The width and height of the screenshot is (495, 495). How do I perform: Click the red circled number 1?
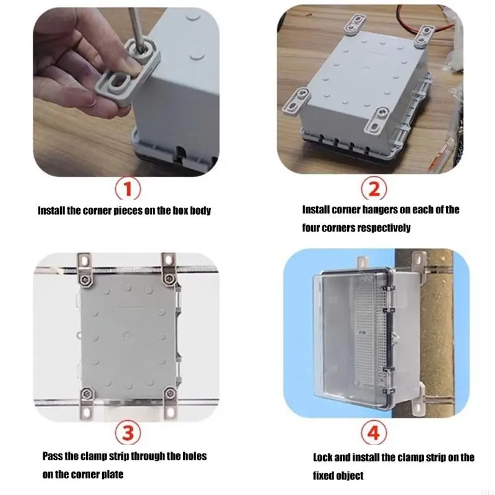click(127, 189)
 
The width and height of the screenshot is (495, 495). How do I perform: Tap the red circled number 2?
click(374, 189)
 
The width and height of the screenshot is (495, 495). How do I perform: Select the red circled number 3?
click(128, 433)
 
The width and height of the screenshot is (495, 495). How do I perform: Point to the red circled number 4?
click(374, 433)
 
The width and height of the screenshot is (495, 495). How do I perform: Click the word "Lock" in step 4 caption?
click(322, 457)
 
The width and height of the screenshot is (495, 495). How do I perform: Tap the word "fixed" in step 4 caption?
click(324, 475)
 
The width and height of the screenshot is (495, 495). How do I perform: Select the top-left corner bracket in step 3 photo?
click(85, 270)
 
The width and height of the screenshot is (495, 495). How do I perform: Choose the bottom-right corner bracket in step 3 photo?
click(170, 403)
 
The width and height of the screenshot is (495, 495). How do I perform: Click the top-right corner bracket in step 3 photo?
click(169, 269)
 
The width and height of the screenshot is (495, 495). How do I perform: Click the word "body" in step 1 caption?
click(200, 210)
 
